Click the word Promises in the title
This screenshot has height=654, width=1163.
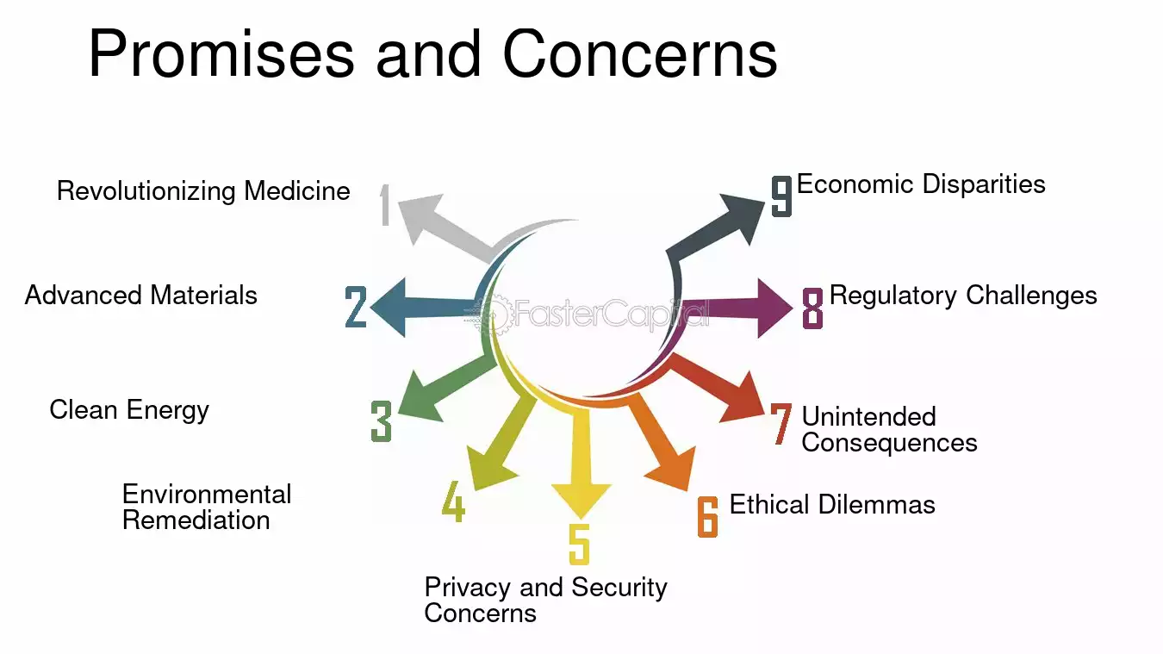pyautogui.click(x=221, y=54)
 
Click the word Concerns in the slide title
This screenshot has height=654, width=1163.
pyautogui.click(x=639, y=54)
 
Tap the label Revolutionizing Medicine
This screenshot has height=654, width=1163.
pyautogui.click(x=203, y=191)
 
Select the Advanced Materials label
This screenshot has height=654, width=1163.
pyautogui.click(x=140, y=295)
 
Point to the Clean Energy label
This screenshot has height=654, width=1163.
pyautogui.click(x=129, y=410)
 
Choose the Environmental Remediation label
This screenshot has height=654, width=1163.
pyautogui.click(x=207, y=507)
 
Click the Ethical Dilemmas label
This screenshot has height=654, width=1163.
pyautogui.click(x=832, y=504)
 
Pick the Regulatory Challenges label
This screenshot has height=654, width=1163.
pyautogui.click(x=963, y=296)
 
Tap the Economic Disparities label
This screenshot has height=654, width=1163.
pyautogui.click(x=921, y=184)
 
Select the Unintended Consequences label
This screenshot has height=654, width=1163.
pyautogui.click(x=889, y=430)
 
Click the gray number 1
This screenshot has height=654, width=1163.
pyautogui.click(x=385, y=205)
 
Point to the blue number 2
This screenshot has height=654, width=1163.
pyautogui.click(x=356, y=307)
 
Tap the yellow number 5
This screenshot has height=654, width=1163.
pyautogui.click(x=580, y=544)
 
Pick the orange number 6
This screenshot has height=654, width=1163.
pyautogui.click(x=707, y=516)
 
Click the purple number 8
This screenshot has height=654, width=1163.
pyautogui.click(x=812, y=308)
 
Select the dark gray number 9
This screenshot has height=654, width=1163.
pyautogui.click(x=781, y=196)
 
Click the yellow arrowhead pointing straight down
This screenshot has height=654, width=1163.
pyautogui.click(x=581, y=501)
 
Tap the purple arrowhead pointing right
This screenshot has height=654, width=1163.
pyautogui.click(x=774, y=308)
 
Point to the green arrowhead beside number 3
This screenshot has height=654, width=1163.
pyautogui.click(x=420, y=397)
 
